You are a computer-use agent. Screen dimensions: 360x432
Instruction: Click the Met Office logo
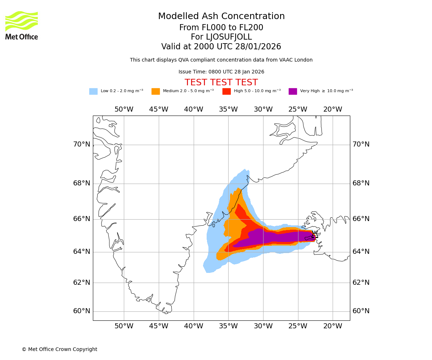tap(22, 25)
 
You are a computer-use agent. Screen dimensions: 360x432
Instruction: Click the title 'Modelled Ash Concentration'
tap(221, 17)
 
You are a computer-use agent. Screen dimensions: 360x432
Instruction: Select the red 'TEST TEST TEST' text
tap(221, 82)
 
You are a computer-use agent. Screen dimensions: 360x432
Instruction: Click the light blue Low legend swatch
tap(93, 91)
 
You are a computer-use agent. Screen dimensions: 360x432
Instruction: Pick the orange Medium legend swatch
tap(156, 91)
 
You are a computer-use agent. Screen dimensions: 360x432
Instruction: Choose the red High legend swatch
tap(226, 91)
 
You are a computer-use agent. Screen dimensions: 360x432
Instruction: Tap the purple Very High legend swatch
tap(293, 91)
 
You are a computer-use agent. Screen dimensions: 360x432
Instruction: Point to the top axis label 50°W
tap(124, 109)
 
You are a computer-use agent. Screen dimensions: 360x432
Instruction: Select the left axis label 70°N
tap(82, 144)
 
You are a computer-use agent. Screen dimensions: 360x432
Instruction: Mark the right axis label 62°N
tap(361, 283)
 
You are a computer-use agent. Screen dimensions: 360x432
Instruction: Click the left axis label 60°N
tap(82, 311)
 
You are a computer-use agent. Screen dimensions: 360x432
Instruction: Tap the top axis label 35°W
tap(228, 109)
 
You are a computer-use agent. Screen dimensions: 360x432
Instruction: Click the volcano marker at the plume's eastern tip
tap(315, 236)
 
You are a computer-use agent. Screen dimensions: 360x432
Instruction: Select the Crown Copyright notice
tap(59, 350)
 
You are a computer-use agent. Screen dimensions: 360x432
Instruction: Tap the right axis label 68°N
tap(361, 183)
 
